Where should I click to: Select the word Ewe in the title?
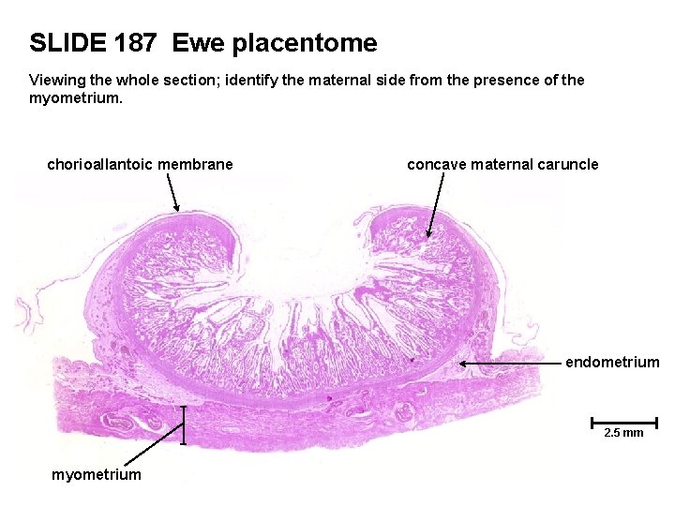click(x=195, y=43)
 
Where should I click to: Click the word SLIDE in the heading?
click(x=68, y=43)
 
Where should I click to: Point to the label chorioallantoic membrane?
click(x=140, y=165)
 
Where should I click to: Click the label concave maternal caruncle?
click(x=502, y=165)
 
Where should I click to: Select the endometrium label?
click(x=612, y=363)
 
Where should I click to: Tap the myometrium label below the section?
click(x=97, y=475)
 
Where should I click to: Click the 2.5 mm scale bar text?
click(x=623, y=433)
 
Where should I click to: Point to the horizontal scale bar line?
click(x=623, y=422)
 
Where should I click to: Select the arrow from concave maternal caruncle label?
click(x=435, y=206)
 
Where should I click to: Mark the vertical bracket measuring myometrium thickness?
click(x=184, y=424)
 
